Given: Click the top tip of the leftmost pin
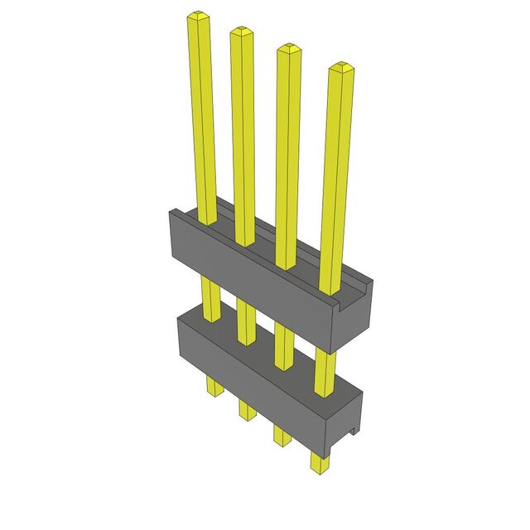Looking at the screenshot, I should point(198,16).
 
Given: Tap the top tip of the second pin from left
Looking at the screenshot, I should point(241,32).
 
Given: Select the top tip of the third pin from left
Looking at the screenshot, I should point(288,48).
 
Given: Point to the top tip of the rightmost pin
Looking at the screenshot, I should point(339,67).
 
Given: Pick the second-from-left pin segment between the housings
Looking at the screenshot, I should point(246,319).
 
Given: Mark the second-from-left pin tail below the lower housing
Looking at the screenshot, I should point(247,409).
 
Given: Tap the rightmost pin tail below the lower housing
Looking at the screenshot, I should point(319,460).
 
